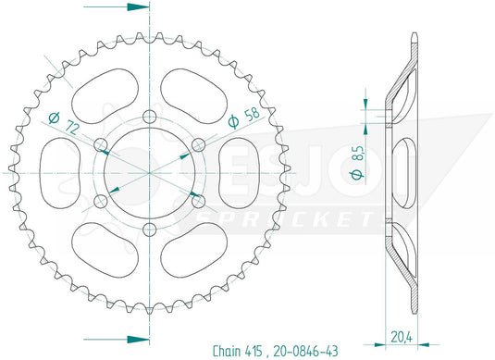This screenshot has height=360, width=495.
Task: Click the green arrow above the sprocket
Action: coord(135,6)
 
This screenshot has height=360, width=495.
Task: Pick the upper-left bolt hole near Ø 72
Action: coord(100,143)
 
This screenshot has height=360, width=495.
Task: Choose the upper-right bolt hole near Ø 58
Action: coord(198,143)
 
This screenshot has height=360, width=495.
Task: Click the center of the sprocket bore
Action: coord(149,173)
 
